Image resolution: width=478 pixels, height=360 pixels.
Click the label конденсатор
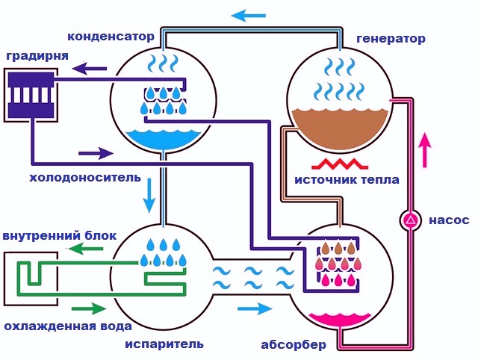coord(111,37)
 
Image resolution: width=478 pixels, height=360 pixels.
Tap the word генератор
coord(391,39)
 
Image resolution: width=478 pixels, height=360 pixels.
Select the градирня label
coord(37,57)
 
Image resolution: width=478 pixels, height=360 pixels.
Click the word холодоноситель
coord(85,178)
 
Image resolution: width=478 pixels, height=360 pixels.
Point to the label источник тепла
coord(347,179)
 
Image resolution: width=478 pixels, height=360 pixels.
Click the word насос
coord(450,220)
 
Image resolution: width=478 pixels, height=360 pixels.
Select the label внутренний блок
coord(60,235)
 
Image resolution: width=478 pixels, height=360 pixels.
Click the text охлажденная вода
coord(68,326)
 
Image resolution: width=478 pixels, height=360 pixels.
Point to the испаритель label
coord(164,344)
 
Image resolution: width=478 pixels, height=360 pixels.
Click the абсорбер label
coord(294,345)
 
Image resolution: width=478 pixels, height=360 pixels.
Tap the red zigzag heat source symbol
coord(340,164)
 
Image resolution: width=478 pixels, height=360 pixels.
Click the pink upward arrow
coord(425,149)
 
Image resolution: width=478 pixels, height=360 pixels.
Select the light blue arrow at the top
coord(249,15)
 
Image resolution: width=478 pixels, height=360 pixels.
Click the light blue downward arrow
coord(149,195)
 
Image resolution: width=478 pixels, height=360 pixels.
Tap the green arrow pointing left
coord(86,249)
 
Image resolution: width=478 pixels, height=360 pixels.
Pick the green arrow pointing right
coord(89,308)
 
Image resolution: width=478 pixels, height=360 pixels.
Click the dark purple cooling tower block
coord(31,95)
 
